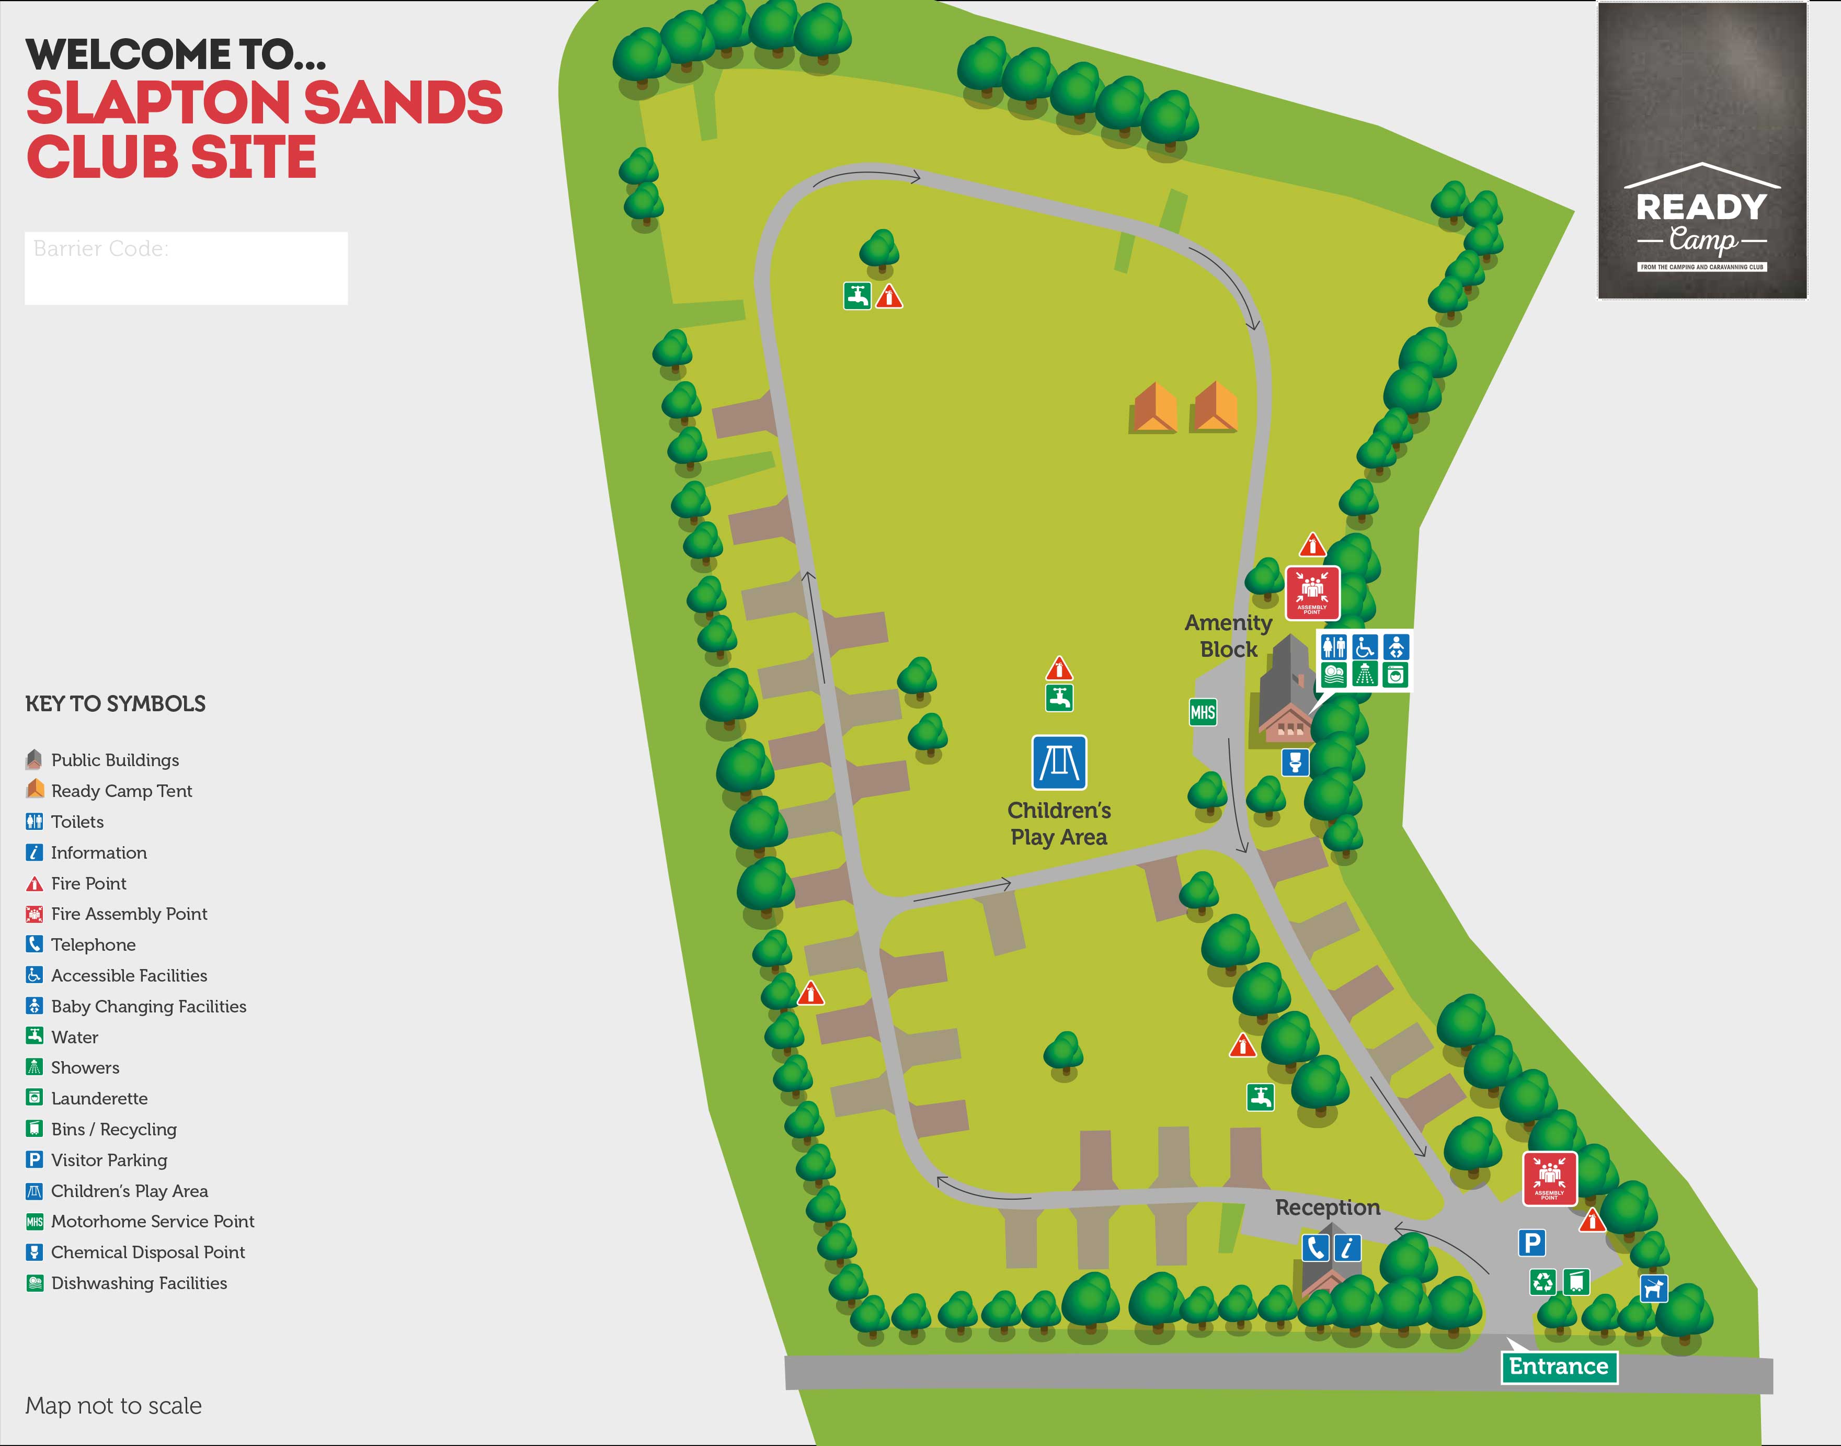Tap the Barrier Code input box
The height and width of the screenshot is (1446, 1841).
click(186, 268)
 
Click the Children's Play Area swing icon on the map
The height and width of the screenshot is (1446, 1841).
click(1059, 762)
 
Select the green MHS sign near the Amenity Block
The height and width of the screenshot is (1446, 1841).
click(1202, 712)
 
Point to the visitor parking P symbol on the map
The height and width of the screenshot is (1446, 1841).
click(1531, 1243)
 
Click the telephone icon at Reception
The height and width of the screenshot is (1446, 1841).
click(1314, 1248)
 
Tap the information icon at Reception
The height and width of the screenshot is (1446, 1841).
click(1347, 1248)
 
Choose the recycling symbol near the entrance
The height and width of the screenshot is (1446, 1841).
click(1543, 1282)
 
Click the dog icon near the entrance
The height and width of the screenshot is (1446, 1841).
click(1653, 1288)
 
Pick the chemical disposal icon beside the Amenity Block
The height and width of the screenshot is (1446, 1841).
click(1294, 762)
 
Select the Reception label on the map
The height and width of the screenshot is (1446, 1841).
click(1327, 1207)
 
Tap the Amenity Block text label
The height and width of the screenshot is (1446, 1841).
click(1228, 636)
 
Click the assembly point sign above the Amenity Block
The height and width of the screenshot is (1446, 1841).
click(1312, 593)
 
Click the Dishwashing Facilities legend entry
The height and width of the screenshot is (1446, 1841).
click(138, 1283)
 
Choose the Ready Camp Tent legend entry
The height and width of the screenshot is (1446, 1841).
click(121, 791)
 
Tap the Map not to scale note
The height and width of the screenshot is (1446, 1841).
click(113, 1405)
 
